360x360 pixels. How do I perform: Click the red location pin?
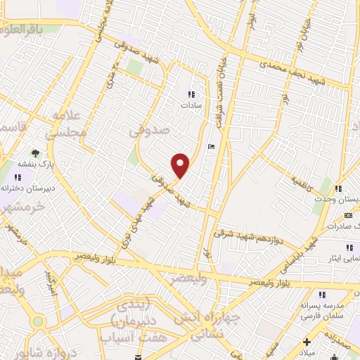(181, 165)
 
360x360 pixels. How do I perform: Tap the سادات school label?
(191, 104)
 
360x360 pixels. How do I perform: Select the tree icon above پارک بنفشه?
(34, 153)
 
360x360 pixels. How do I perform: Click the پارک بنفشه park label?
(37, 165)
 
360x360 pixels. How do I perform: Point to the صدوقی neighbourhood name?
(150, 131)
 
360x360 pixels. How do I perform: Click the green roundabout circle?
(37, 321)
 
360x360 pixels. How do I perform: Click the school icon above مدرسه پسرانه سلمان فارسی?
(323, 296)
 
